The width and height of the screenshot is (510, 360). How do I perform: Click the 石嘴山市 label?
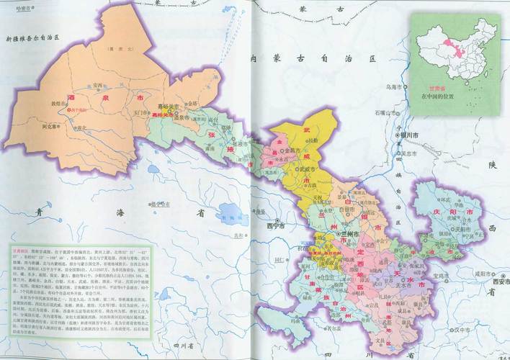pyautogui.click(x=385, y=113)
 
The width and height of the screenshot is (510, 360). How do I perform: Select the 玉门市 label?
pyautogui.click(x=138, y=110)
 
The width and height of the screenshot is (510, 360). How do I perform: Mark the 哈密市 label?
pyautogui.click(x=14, y=8)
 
